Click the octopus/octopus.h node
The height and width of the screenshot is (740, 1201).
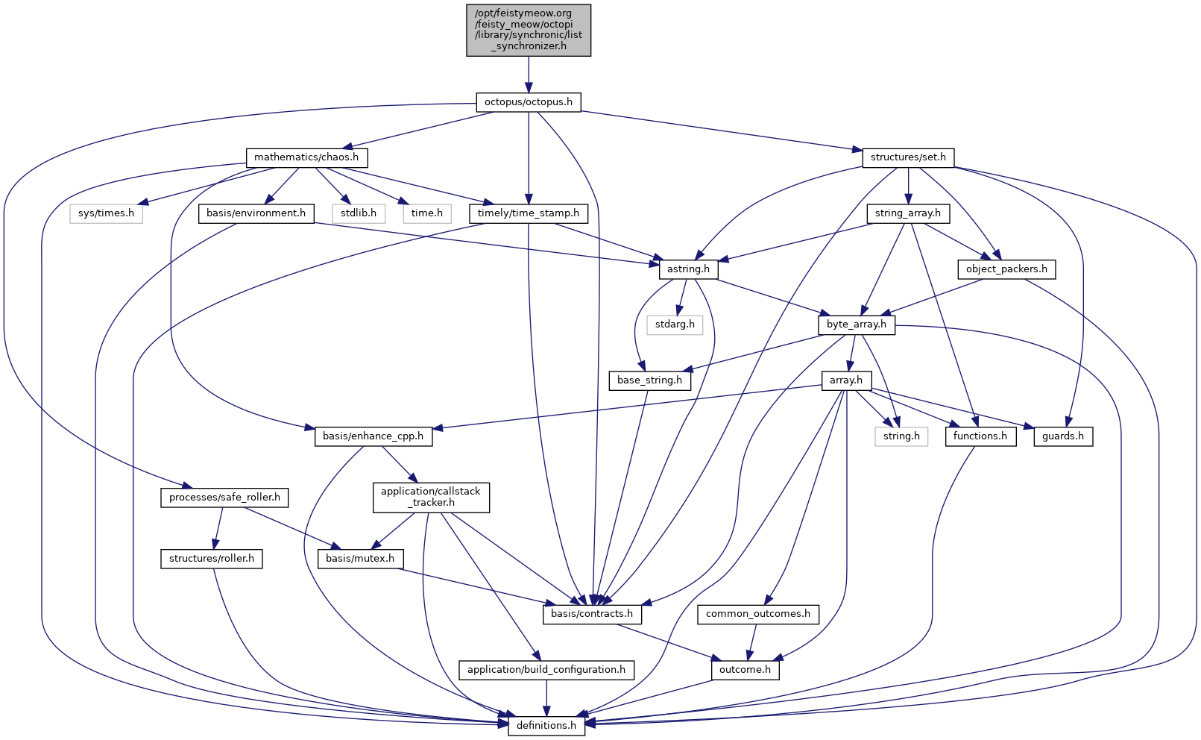click(528, 102)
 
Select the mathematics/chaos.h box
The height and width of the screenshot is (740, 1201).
click(306, 157)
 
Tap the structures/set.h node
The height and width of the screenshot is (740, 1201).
click(907, 157)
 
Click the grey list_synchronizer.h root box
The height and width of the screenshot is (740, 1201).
click(528, 30)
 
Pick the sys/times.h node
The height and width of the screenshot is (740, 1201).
click(107, 213)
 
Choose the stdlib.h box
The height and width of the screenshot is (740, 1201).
click(359, 213)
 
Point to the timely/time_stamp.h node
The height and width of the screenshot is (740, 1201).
click(528, 213)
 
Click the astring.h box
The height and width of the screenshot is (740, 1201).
click(688, 269)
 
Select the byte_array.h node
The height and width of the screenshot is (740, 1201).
click(856, 324)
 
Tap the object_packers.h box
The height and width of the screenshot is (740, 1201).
click(1006, 269)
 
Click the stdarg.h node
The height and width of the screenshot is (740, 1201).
click(675, 324)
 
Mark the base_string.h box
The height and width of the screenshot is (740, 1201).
click(649, 380)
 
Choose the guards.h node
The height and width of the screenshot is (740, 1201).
click(1062, 436)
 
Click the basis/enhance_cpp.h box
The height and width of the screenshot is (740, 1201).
click(373, 436)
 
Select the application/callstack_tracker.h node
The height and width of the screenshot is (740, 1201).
click(431, 497)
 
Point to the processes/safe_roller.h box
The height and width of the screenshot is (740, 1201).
click(224, 498)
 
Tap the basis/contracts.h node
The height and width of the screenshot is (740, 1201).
click(591, 614)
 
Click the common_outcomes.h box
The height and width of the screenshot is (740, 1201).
click(757, 614)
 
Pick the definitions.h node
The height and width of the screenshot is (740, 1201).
click(546, 725)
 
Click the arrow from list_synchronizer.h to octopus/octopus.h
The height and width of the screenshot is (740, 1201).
click(528, 75)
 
